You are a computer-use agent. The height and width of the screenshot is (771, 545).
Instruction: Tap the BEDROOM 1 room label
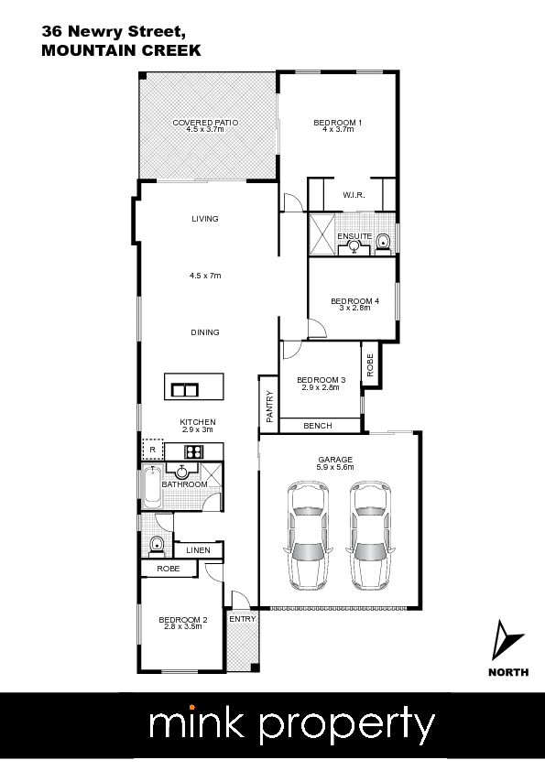point(337,123)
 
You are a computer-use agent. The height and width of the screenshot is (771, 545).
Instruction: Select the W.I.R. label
point(354,195)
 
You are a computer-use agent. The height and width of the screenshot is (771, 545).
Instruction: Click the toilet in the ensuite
point(383,244)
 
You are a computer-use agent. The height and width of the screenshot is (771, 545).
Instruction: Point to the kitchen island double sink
point(185,390)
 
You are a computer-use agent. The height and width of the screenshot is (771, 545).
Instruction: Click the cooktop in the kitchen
point(194,451)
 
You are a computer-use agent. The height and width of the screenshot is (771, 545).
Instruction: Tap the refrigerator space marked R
point(152,450)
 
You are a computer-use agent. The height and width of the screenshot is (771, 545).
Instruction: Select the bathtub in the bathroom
point(151,487)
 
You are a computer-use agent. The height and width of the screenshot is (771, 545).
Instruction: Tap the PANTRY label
point(269,407)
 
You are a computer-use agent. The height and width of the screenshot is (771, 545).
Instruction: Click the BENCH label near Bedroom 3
point(318,426)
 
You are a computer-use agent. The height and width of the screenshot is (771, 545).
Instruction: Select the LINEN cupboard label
point(198,550)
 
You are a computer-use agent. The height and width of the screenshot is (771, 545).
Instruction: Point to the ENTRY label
point(243,619)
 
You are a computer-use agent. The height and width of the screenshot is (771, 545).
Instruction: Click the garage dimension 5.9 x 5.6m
point(335,467)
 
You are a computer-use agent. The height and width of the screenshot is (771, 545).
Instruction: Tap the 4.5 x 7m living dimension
point(205,276)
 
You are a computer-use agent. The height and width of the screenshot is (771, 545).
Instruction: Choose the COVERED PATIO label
point(205,123)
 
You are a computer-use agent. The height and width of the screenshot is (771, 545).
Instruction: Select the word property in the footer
point(347,725)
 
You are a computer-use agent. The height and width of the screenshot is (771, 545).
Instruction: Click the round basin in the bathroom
point(182,472)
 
